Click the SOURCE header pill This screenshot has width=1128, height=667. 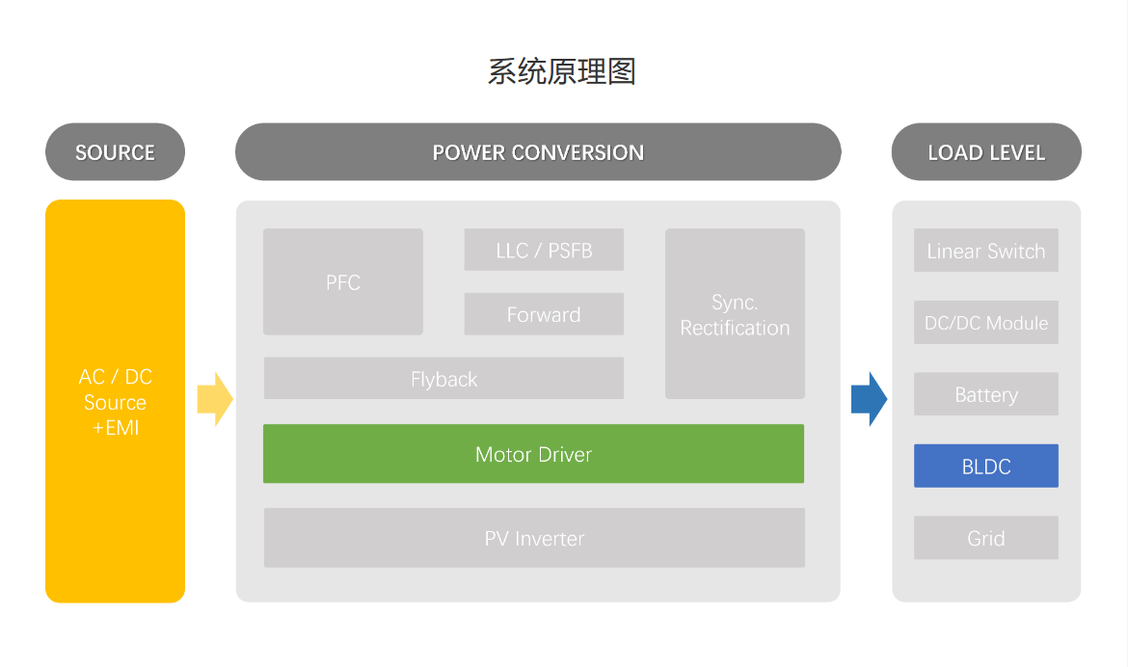point(115,152)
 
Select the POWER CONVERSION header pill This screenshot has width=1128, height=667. point(538,152)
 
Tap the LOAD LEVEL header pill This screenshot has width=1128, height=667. point(986,152)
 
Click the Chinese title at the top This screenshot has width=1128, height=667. point(562,72)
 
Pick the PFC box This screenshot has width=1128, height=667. point(343,281)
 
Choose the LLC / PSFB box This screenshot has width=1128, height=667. point(544,250)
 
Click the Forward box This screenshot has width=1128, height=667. point(544,313)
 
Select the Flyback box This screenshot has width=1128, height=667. point(443,378)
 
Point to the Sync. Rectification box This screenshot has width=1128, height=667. point(736,313)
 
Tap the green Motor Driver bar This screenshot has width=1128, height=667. point(534,453)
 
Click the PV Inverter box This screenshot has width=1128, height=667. point(534,538)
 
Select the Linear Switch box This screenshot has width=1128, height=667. point(986,251)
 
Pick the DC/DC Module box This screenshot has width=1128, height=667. point(986,322)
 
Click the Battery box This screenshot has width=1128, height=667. point(986,393)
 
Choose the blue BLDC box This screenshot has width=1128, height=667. point(986,466)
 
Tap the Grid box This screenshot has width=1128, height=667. point(986,538)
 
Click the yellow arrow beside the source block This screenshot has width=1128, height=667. point(215,399)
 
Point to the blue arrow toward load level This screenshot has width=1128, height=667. point(869,399)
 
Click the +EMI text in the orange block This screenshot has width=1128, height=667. point(115,427)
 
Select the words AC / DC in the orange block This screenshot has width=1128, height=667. point(115,376)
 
